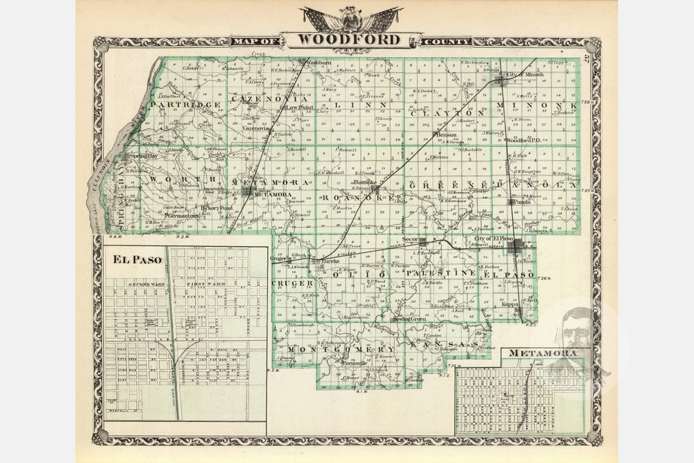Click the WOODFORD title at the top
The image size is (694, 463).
point(348,39)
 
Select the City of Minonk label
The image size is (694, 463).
point(525,75)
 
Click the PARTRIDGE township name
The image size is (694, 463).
point(185,105)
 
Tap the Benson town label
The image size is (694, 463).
point(446,135)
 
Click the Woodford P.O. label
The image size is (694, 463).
point(524,140)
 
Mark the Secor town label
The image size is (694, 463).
point(410,240)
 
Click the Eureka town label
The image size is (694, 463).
point(330,261)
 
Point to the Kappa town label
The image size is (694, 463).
point(510,304)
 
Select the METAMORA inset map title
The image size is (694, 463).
point(542,353)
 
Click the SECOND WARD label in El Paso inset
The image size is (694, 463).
point(146,285)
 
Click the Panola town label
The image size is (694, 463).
point(522,202)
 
